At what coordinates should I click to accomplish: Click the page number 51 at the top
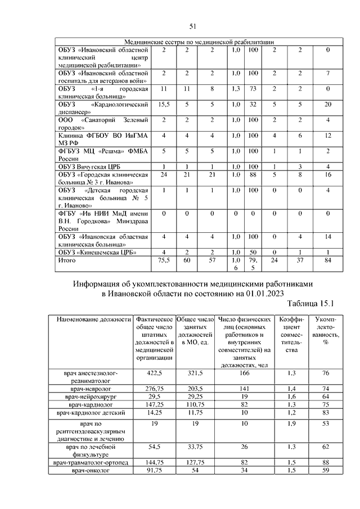(x=192, y=26)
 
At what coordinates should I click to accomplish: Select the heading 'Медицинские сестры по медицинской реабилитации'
(x=199, y=42)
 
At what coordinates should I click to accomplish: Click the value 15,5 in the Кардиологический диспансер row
(x=164, y=104)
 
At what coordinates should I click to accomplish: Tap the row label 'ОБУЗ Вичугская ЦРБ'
(x=89, y=167)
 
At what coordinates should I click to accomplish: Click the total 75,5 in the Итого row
(x=164, y=260)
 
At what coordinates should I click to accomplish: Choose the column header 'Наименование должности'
(x=93, y=319)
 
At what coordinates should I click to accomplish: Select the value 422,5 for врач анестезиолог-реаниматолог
(x=155, y=373)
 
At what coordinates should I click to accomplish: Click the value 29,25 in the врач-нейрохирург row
(x=193, y=396)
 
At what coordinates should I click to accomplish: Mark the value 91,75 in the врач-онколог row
(x=155, y=470)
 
